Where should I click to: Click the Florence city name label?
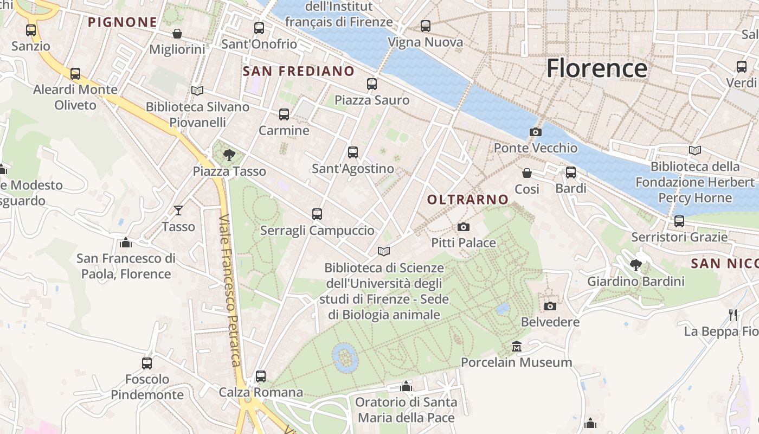[x=596, y=69]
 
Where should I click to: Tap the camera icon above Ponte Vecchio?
[x=535, y=132]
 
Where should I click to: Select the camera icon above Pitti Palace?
[x=463, y=227]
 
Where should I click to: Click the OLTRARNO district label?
[x=468, y=200]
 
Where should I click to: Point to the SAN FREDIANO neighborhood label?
[x=298, y=71]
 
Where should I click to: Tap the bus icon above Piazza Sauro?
[x=371, y=84]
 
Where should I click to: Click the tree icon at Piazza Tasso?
[x=229, y=155]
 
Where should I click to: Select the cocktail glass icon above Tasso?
[x=178, y=210]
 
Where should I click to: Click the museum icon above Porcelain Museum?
[x=517, y=346]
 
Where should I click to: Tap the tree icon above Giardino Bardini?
[x=636, y=265]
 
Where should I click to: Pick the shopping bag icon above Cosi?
[x=526, y=173]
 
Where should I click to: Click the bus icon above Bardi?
[x=571, y=173]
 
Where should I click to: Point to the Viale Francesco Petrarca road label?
[x=230, y=290]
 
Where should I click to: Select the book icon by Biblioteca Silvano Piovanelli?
[x=197, y=91]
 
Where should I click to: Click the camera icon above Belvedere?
[x=550, y=306]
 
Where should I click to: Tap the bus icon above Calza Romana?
[x=260, y=376]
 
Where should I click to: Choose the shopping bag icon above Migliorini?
[x=177, y=34]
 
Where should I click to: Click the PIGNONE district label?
[x=123, y=22]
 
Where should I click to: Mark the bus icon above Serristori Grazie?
[x=679, y=221]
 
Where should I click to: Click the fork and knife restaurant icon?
[x=733, y=315]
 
